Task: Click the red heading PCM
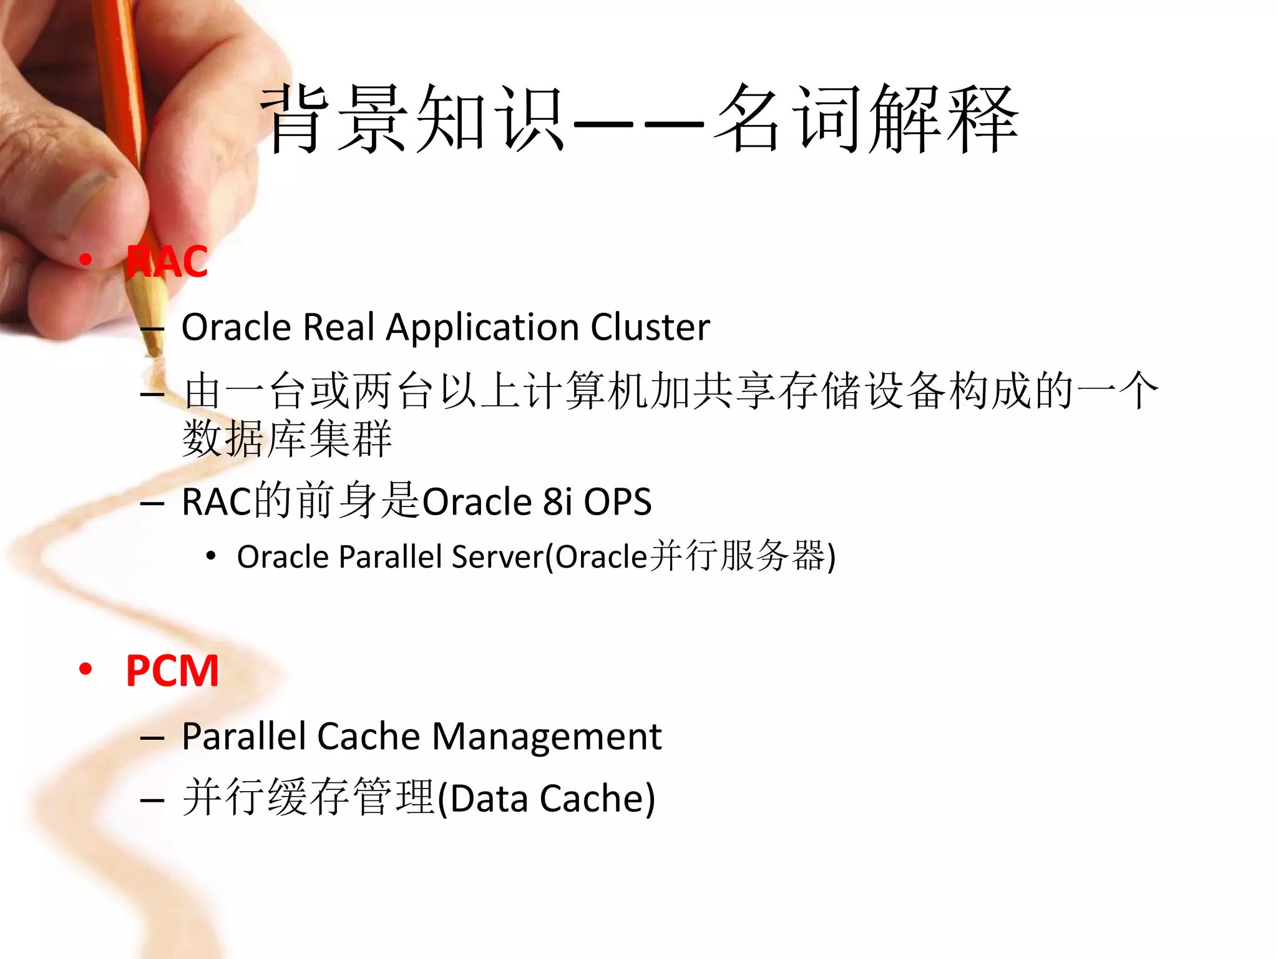tap(172, 671)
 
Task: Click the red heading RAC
tap(167, 262)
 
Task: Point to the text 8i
tap(557, 501)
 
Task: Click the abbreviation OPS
tap(617, 501)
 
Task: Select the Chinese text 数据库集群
tap(287, 439)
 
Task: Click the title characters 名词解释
tap(867, 119)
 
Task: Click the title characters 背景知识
tap(412, 119)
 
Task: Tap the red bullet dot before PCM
tap(85, 669)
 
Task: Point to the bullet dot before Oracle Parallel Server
tap(211, 556)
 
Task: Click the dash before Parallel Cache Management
tap(152, 737)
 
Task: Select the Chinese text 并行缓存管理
tap(309, 799)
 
